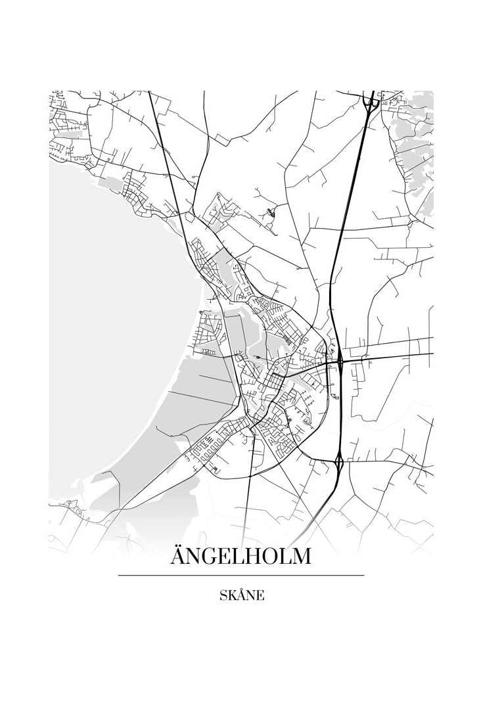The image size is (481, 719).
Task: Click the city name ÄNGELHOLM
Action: [240, 556]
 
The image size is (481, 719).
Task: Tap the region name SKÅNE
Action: [242, 595]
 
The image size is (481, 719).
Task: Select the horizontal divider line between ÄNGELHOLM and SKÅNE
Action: [240, 575]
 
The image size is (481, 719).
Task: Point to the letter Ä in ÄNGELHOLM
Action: [179, 556]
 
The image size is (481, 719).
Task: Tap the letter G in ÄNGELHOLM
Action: [211, 557]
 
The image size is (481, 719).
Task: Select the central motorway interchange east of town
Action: [340, 360]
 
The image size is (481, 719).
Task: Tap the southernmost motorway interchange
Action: [339, 463]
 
